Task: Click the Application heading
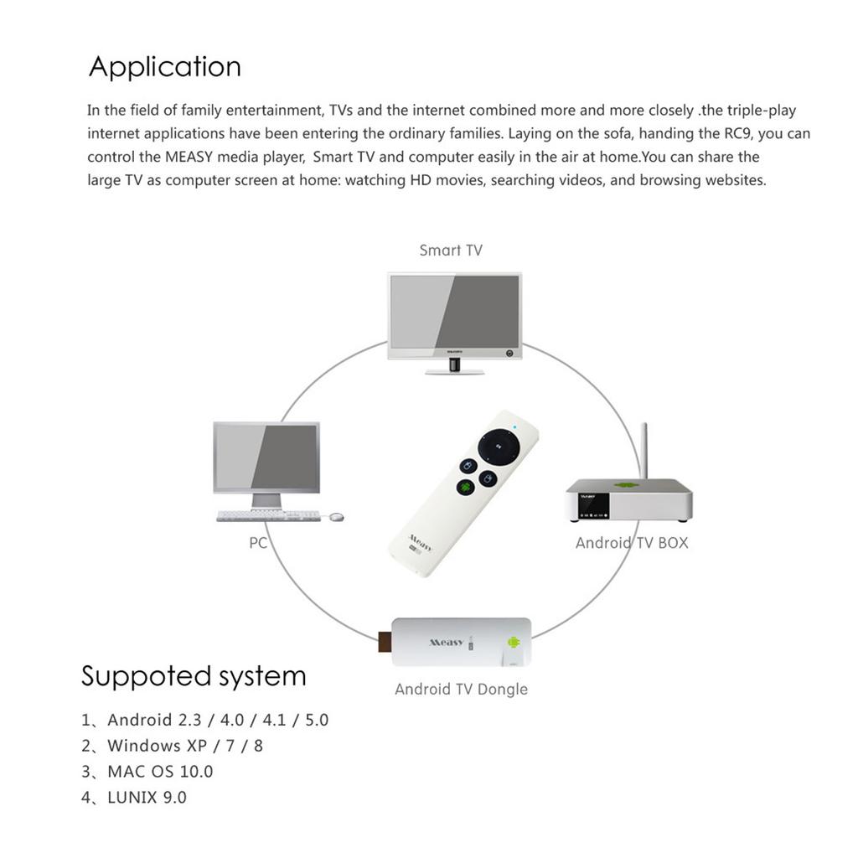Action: [164, 67]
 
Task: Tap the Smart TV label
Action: [451, 250]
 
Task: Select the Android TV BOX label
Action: [631, 543]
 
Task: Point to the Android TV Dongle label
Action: [461, 690]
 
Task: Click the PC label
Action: [258, 543]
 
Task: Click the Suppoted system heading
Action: [194, 675]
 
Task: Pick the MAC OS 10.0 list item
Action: [160, 771]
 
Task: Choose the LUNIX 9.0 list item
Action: [147, 797]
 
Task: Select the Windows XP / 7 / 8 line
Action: [184, 745]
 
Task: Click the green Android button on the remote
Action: [465, 487]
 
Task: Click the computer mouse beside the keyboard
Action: [337, 517]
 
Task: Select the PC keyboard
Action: [268, 516]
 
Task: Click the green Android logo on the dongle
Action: [513, 643]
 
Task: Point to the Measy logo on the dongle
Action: [446, 642]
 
